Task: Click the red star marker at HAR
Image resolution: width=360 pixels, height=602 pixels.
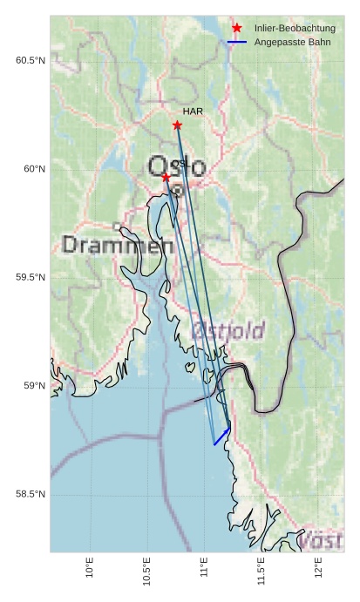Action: pos(177,125)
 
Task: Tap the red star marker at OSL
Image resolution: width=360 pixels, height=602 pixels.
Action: pos(166,177)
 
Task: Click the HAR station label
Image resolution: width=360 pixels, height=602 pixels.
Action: pos(193,112)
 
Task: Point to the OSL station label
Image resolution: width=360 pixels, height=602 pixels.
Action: pos(180,163)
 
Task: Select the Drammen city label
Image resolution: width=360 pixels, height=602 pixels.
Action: pos(118,246)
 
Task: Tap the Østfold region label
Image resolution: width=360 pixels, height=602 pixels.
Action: pos(228,330)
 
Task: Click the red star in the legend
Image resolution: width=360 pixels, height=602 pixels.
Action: pos(236,29)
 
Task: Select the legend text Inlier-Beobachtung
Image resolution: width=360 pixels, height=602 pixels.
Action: pos(295,29)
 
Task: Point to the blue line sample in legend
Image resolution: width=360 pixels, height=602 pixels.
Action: pos(236,42)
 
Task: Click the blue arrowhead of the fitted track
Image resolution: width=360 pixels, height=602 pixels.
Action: pos(228,429)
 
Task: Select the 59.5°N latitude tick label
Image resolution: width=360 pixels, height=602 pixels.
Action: pos(31,278)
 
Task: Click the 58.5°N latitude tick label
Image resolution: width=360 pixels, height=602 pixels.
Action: pos(31,495)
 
